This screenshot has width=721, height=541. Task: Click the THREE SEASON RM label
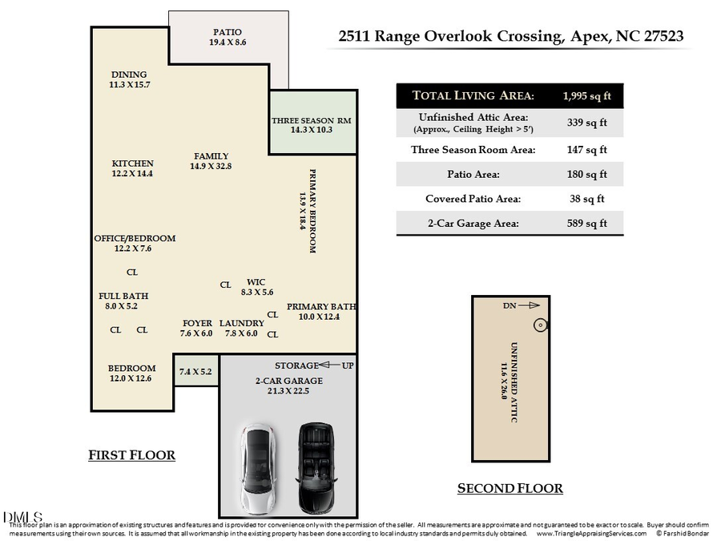point(312,120)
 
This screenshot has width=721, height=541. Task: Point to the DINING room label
point(129,75)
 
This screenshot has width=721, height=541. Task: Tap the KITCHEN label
point(132,164)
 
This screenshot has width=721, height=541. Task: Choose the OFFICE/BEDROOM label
point(135,238)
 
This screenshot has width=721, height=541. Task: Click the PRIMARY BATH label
point(321,306)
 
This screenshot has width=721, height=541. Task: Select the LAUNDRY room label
point(241,323)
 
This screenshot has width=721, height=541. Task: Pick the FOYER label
point(197,323)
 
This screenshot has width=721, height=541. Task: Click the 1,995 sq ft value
point(588,96)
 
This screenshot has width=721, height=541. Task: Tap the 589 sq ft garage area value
point(588,224)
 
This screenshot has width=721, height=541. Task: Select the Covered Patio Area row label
point(473,199)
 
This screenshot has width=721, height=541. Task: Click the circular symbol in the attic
point(540,325)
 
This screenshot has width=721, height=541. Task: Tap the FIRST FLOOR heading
point(131,455)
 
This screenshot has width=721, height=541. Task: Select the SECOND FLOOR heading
point(510,488)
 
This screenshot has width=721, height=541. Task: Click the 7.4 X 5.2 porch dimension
point(195,371)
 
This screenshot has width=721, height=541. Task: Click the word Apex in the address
point(590,36)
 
